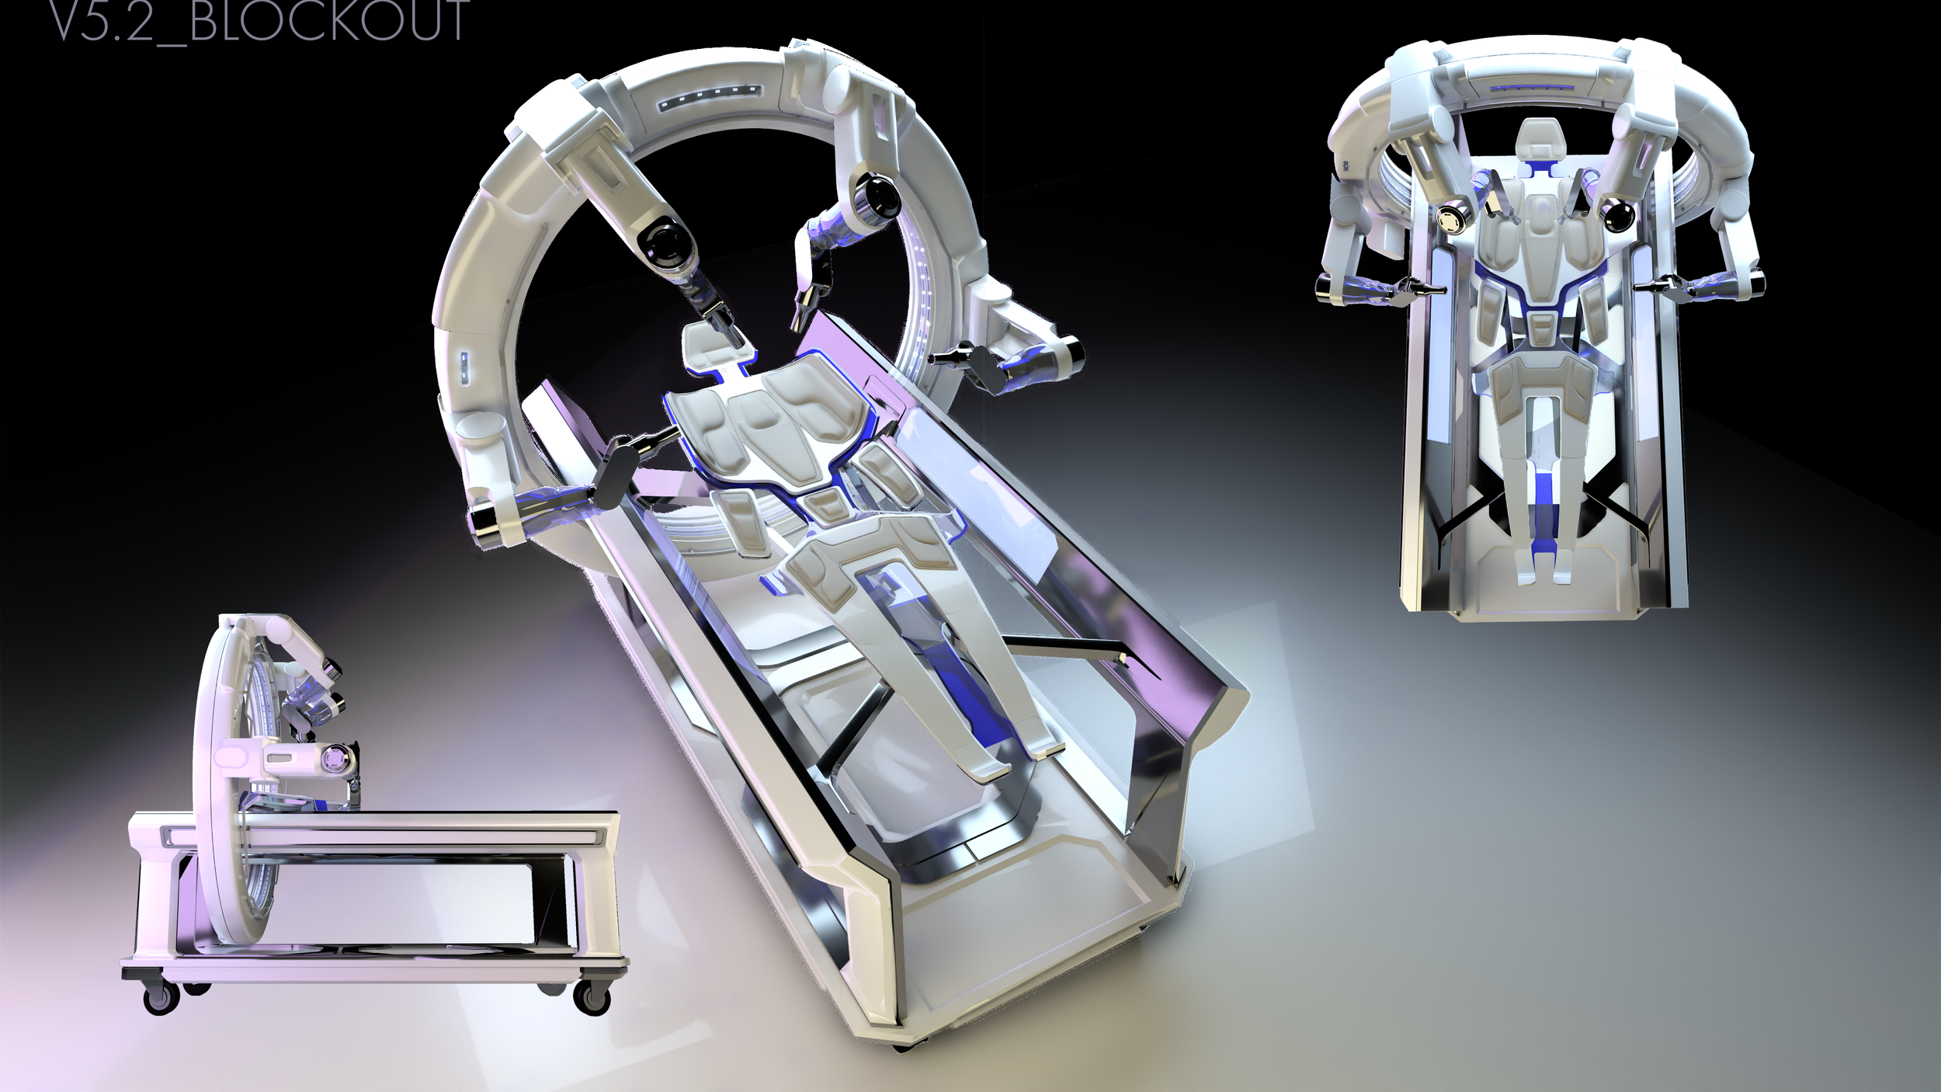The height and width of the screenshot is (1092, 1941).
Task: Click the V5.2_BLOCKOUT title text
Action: (259, 20)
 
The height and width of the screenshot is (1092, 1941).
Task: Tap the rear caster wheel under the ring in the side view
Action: (161, 998)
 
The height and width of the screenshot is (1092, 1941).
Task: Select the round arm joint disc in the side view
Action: (338, 756)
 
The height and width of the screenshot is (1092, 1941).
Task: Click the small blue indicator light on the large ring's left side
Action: (464, 367)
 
